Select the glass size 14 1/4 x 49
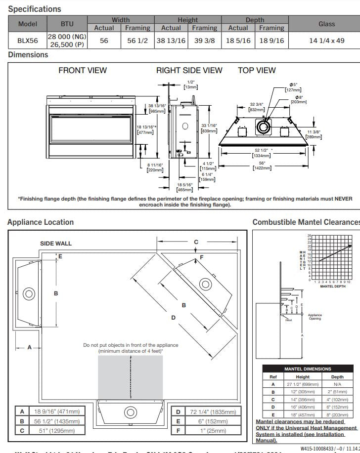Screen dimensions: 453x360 click(x=326, y=41)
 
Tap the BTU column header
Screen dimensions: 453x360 click(x=67, y=24)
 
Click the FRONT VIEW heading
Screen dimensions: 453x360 click(x=83, y=70)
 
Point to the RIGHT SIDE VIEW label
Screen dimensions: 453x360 click(x=189, y=70)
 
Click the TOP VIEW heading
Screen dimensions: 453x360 click(x=257, y=70)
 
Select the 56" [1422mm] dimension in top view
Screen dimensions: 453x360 click(x=262, y=165)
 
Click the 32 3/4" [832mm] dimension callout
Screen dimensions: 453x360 click(x=256, y=107)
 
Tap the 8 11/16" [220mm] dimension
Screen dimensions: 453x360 click(x=155, y=167)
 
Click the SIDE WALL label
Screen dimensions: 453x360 click(x=56, y=244)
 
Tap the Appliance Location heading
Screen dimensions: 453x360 click(x=41, y=222)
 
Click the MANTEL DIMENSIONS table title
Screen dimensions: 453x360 click(x=308, y=369)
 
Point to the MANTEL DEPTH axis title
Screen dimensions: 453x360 click(x=333, y=287)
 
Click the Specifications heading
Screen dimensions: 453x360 click(x=35, y=9)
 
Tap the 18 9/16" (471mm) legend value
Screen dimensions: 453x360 click(x=56, y=412)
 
